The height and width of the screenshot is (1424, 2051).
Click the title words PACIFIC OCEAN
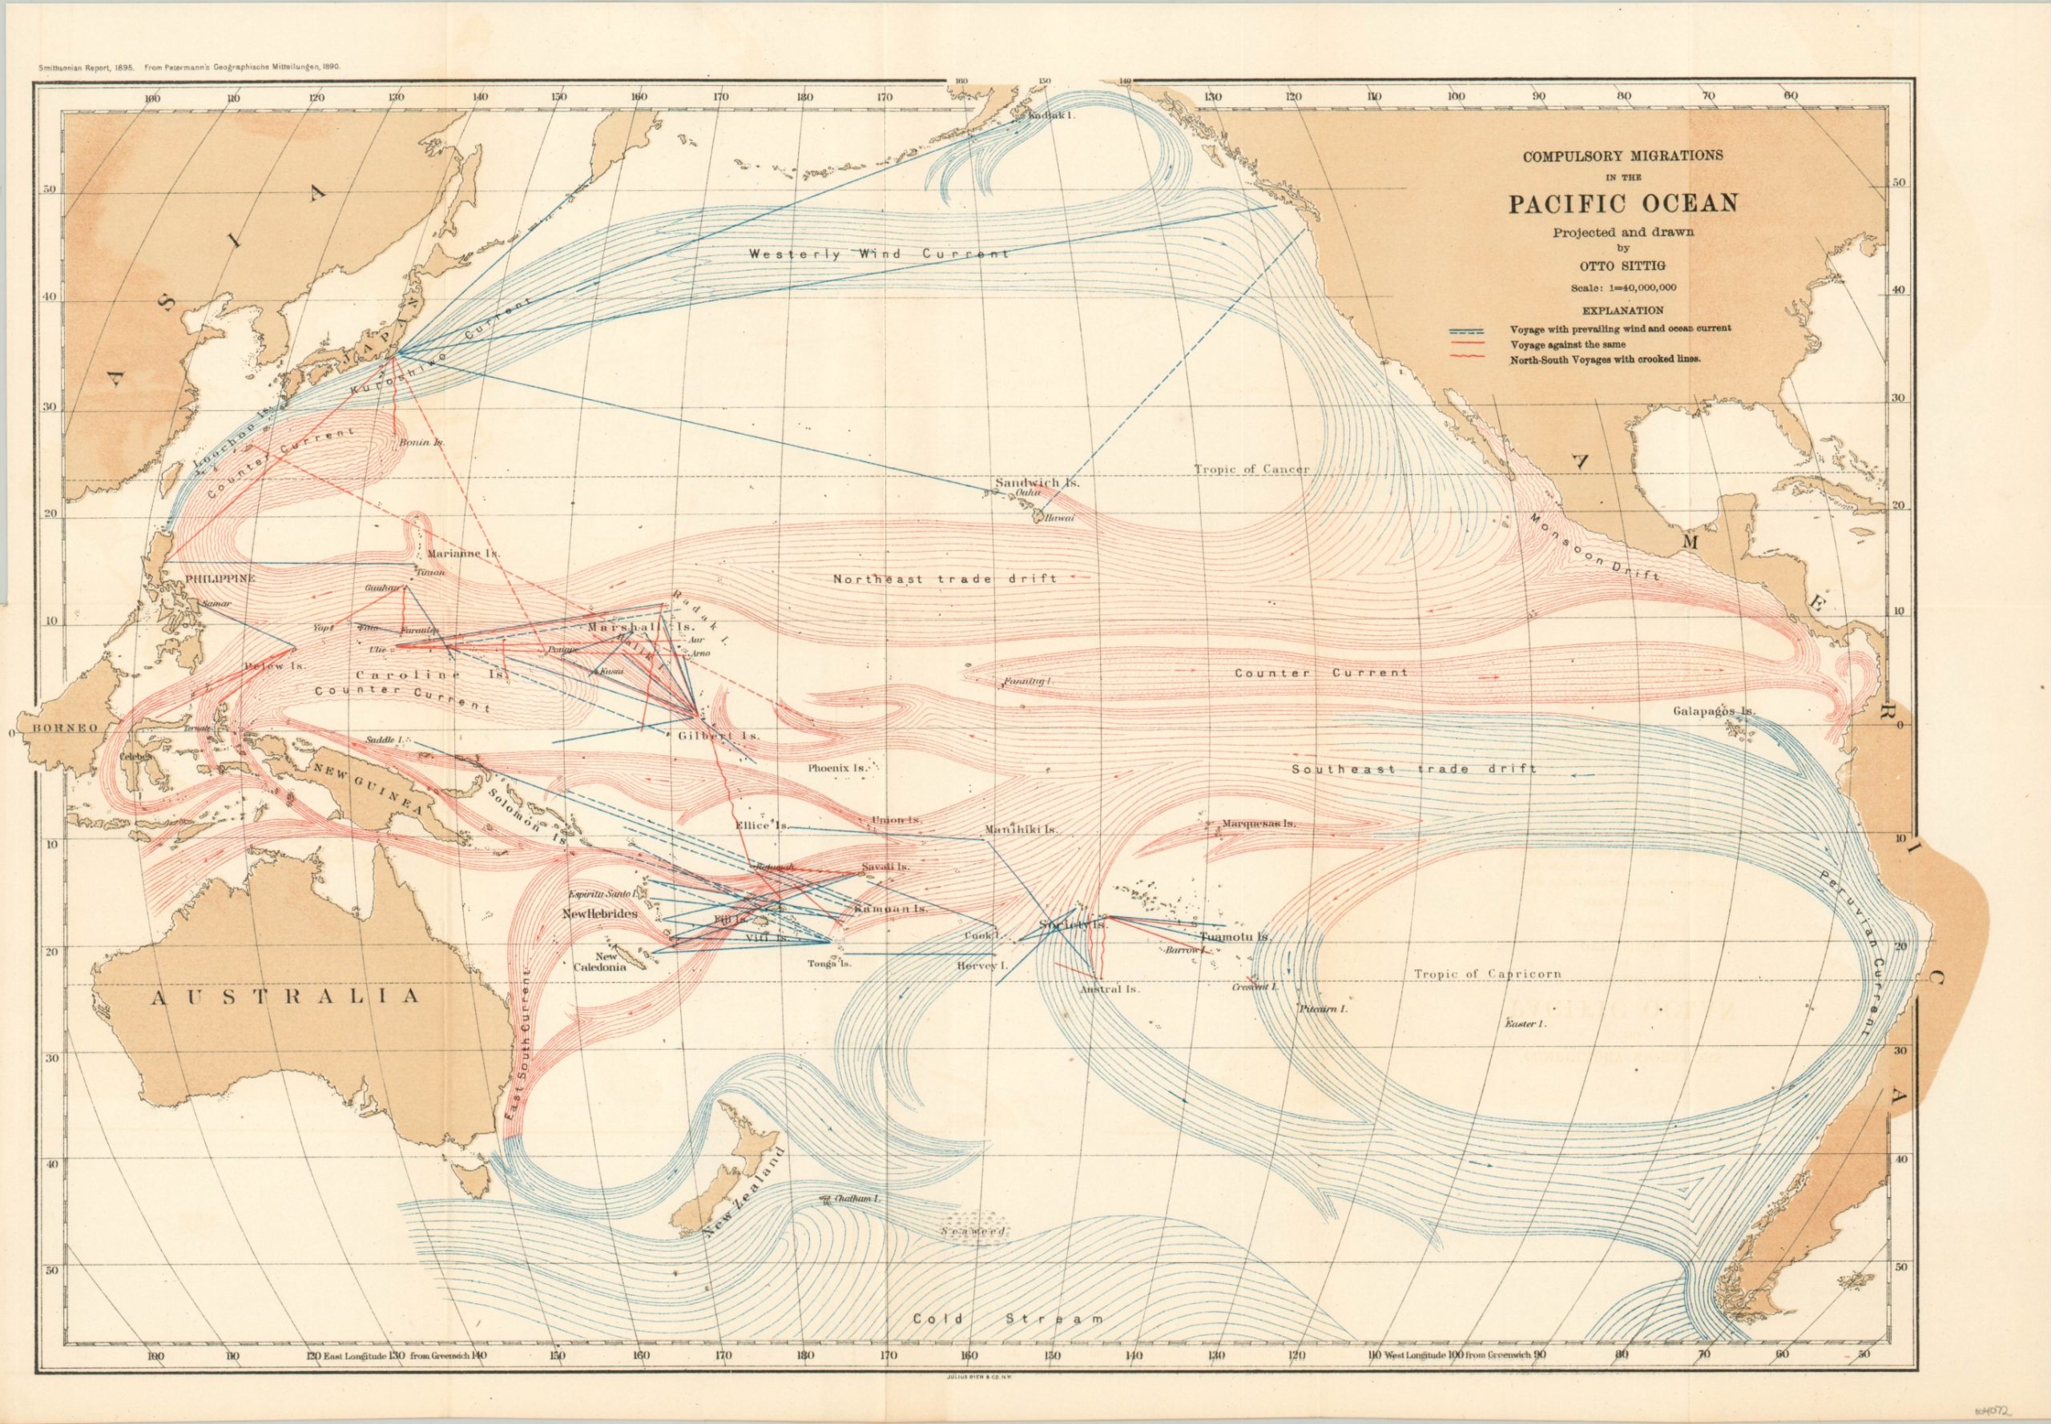pos(1622,204)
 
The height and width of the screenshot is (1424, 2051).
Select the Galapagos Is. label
pos(1715,711)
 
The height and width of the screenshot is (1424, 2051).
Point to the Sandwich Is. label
pos(1037,483)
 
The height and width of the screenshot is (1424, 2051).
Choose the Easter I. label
pos(1525,1024)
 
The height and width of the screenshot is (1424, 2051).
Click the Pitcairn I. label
pos(1323,1008)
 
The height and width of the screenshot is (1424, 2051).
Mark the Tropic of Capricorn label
pos(1487,975)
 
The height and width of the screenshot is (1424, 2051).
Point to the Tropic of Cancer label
pos(1251,469)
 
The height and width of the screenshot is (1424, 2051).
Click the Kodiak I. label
pos(1054,116)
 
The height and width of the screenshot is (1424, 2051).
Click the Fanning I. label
pos(1027,682)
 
